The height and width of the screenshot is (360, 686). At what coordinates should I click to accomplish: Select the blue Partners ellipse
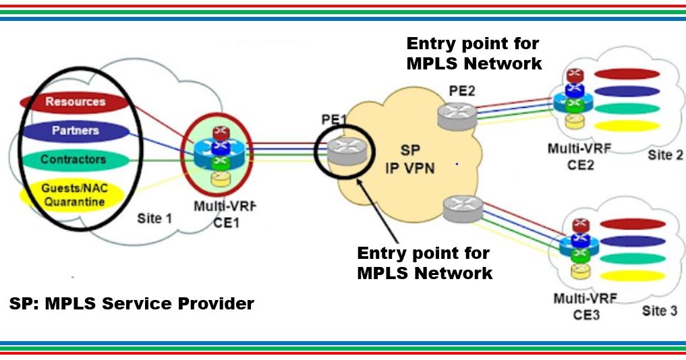tap(74, 131)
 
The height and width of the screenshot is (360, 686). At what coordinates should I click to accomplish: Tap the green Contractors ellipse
tap(73, 160)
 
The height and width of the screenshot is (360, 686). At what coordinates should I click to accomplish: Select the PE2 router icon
tap(456, 115)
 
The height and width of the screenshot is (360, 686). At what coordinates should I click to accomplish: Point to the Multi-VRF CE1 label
tap(217, 214)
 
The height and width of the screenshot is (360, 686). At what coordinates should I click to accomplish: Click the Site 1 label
tap(150, 218)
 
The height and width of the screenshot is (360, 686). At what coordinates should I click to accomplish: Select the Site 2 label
tap(665, 156)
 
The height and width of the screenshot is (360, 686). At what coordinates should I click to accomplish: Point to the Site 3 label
tap(659, 311)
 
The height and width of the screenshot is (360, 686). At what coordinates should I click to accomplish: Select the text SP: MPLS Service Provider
tap(132, 304)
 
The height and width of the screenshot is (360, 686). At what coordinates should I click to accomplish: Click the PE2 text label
tap(463, 91)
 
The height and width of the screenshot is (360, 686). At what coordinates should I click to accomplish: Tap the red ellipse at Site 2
tap(627, 73)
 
